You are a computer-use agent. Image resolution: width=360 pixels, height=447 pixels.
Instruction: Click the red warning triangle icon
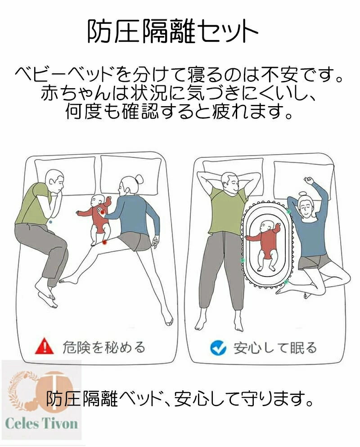[x=44, y=346]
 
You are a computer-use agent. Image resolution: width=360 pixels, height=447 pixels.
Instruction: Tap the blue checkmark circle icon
[x=218, y=348]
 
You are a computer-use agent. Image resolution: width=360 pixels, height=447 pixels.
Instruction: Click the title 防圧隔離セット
[x=172, y=31]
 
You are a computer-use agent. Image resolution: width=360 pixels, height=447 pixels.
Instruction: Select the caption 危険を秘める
[x=104, y=347]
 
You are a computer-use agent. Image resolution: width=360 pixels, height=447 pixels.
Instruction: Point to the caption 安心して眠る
[x=275, y=348]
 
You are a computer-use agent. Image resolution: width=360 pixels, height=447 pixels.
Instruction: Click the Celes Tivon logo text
[x=41, y=423]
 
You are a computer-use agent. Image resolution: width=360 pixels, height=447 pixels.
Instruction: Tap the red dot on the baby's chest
[x=103, y=212]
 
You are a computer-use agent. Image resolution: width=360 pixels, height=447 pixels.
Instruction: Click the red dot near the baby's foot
[x=105, y=242]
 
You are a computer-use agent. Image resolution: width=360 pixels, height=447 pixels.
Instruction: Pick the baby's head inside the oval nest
[x=266, y=227]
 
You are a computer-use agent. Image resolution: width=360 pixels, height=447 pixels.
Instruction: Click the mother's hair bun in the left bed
[x=139, y=179]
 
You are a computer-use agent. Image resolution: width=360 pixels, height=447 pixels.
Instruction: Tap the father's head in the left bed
[x=55, y=181]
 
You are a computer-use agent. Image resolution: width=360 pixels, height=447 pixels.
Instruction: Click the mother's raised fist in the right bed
[x=308, y=180]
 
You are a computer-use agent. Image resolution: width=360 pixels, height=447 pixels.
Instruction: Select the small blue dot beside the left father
[x=50, y=222]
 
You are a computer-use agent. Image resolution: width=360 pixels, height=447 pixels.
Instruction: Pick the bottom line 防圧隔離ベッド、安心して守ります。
[x=180, y=399]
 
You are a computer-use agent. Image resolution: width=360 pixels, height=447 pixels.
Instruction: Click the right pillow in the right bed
[x=303, y=180]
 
